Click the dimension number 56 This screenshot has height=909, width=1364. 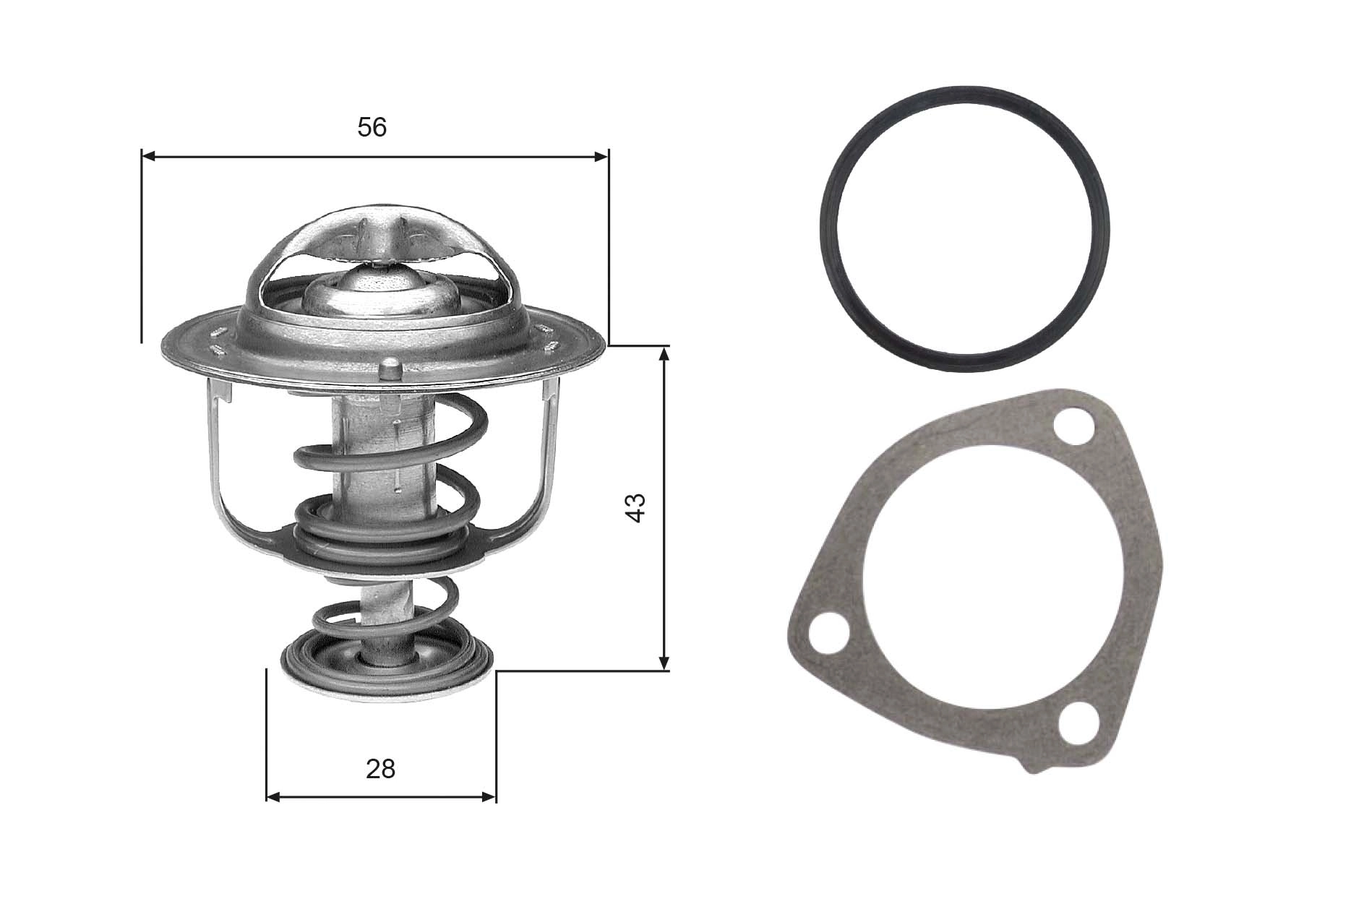pos(372,128)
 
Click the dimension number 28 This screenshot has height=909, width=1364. pos(380,769)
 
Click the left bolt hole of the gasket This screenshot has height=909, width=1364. pos(826,634)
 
